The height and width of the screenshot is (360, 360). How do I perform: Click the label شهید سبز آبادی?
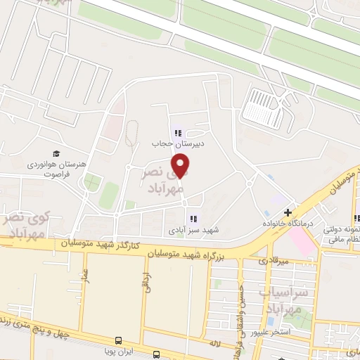click(193, 230)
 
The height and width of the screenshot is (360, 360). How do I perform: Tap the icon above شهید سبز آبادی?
click(193, 219)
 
